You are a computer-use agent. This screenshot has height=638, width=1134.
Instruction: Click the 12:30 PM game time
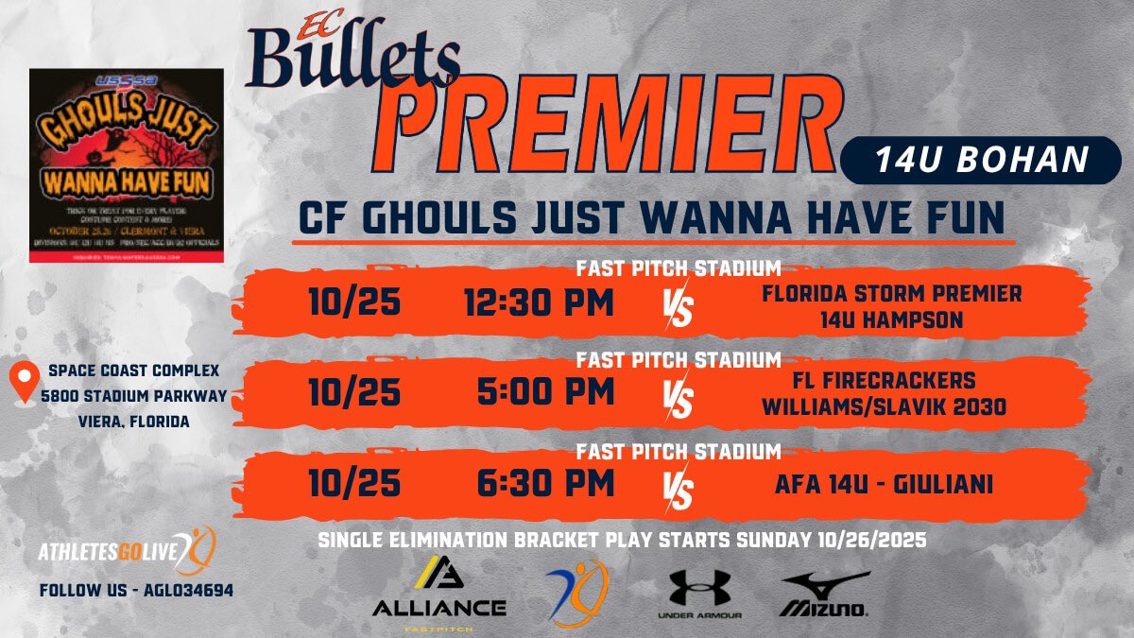click(x=539, y=303)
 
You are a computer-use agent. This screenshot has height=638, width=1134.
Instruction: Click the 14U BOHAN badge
click(x=982, y=160)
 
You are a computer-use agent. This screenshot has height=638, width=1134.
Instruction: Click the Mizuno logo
click(x=824, y=595)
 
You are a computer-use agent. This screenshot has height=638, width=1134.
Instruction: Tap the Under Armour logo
click(x=699, y=595)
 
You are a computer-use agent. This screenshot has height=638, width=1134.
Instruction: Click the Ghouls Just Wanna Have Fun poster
click(x=127, y=165)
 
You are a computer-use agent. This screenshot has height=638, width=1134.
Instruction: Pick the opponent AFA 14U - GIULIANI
click(x=891, y=485)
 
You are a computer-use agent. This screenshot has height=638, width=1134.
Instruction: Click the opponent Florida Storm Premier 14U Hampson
click(x=891, y=306)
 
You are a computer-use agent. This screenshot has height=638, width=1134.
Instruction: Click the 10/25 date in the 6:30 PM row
click(x=354, y=484)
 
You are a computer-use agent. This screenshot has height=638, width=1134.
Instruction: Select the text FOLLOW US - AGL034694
click(x=136, y=590)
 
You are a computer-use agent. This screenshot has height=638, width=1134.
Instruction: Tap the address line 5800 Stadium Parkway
click(x=139, y=396)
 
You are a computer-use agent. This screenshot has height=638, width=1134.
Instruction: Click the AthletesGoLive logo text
click(x=112, y=551)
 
